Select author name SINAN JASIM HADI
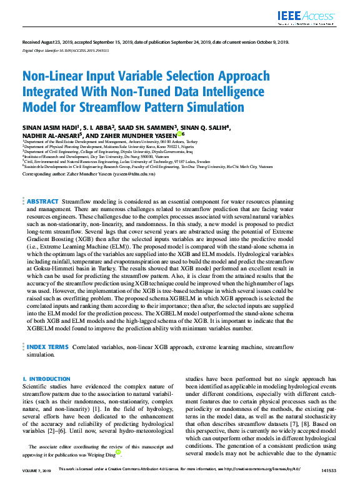48,128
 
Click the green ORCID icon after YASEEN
180,134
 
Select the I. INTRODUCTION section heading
46,379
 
